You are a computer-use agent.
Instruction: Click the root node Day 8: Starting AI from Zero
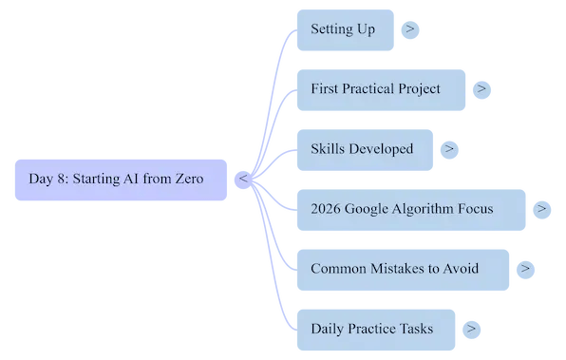121,180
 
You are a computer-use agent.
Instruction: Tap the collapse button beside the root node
243,179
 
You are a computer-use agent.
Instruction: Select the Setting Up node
344,29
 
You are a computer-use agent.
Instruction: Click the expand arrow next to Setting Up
409,29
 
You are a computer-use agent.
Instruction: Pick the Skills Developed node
365,149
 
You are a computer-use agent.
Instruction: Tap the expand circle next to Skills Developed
449,149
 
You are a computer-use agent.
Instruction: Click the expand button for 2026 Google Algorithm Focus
541,209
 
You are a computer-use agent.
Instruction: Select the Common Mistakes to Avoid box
403,269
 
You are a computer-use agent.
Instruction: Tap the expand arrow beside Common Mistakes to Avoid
525,269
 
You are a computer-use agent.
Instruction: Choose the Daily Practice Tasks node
375,329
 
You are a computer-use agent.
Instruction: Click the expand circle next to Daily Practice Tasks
470,329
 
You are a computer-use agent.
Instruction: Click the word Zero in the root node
189,180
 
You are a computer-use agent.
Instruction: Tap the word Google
369,209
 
